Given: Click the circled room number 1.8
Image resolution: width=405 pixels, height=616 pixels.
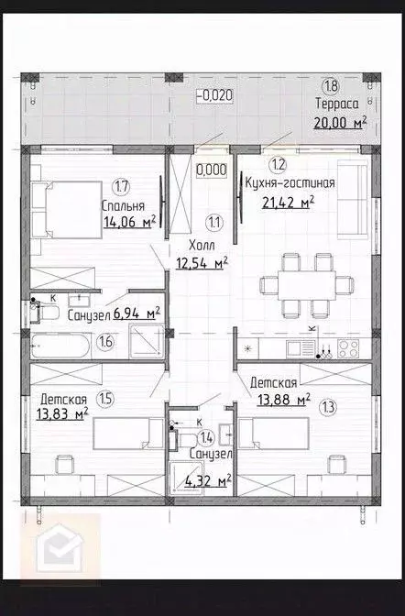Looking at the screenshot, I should click(x=329, y=87).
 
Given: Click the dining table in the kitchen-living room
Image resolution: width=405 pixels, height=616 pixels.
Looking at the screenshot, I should click(x=298, y=285).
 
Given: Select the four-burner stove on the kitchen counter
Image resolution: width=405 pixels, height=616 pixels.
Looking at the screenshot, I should click(x=348, y=347).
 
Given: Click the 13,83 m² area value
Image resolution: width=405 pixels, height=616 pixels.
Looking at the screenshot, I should click(x=63, y=415).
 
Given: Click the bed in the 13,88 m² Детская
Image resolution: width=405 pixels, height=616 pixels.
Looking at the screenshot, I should click(x=274, y=432).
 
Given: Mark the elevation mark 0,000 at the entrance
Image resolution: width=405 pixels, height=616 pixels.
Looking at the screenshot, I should click(x=212, y=170).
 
